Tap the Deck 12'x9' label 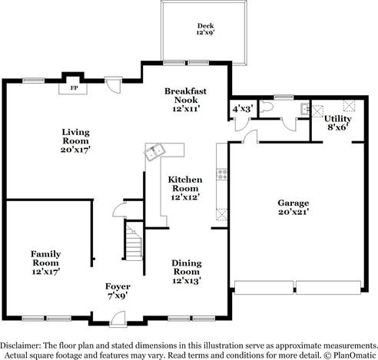(205, 29)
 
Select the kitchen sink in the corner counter (154, 152)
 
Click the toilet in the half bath (265, 107)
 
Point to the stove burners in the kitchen (222, 174)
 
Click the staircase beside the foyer (134, 243)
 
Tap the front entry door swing (118, 318)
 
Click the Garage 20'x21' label (293, 207)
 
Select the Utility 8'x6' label (338, 123)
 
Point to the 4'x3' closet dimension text (241, 109)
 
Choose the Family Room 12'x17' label (46, 263)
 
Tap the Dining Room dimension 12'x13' (187, 281)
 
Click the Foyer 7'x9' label (118, 291)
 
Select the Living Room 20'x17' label (75, 140)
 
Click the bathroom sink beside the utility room (305, 109)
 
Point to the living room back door (114, 85)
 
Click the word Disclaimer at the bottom (21, 345)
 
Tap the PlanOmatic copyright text (350, 355)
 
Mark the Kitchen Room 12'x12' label (185, 188)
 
